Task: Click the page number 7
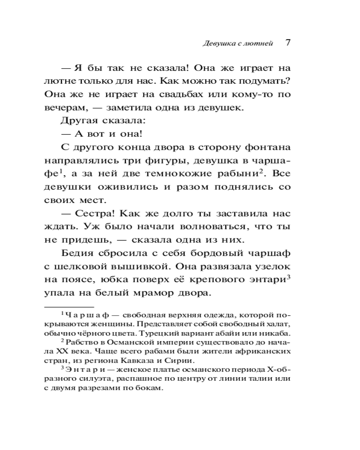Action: click(x=288, y=43)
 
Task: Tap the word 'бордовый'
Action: click(x=205, y=254)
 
